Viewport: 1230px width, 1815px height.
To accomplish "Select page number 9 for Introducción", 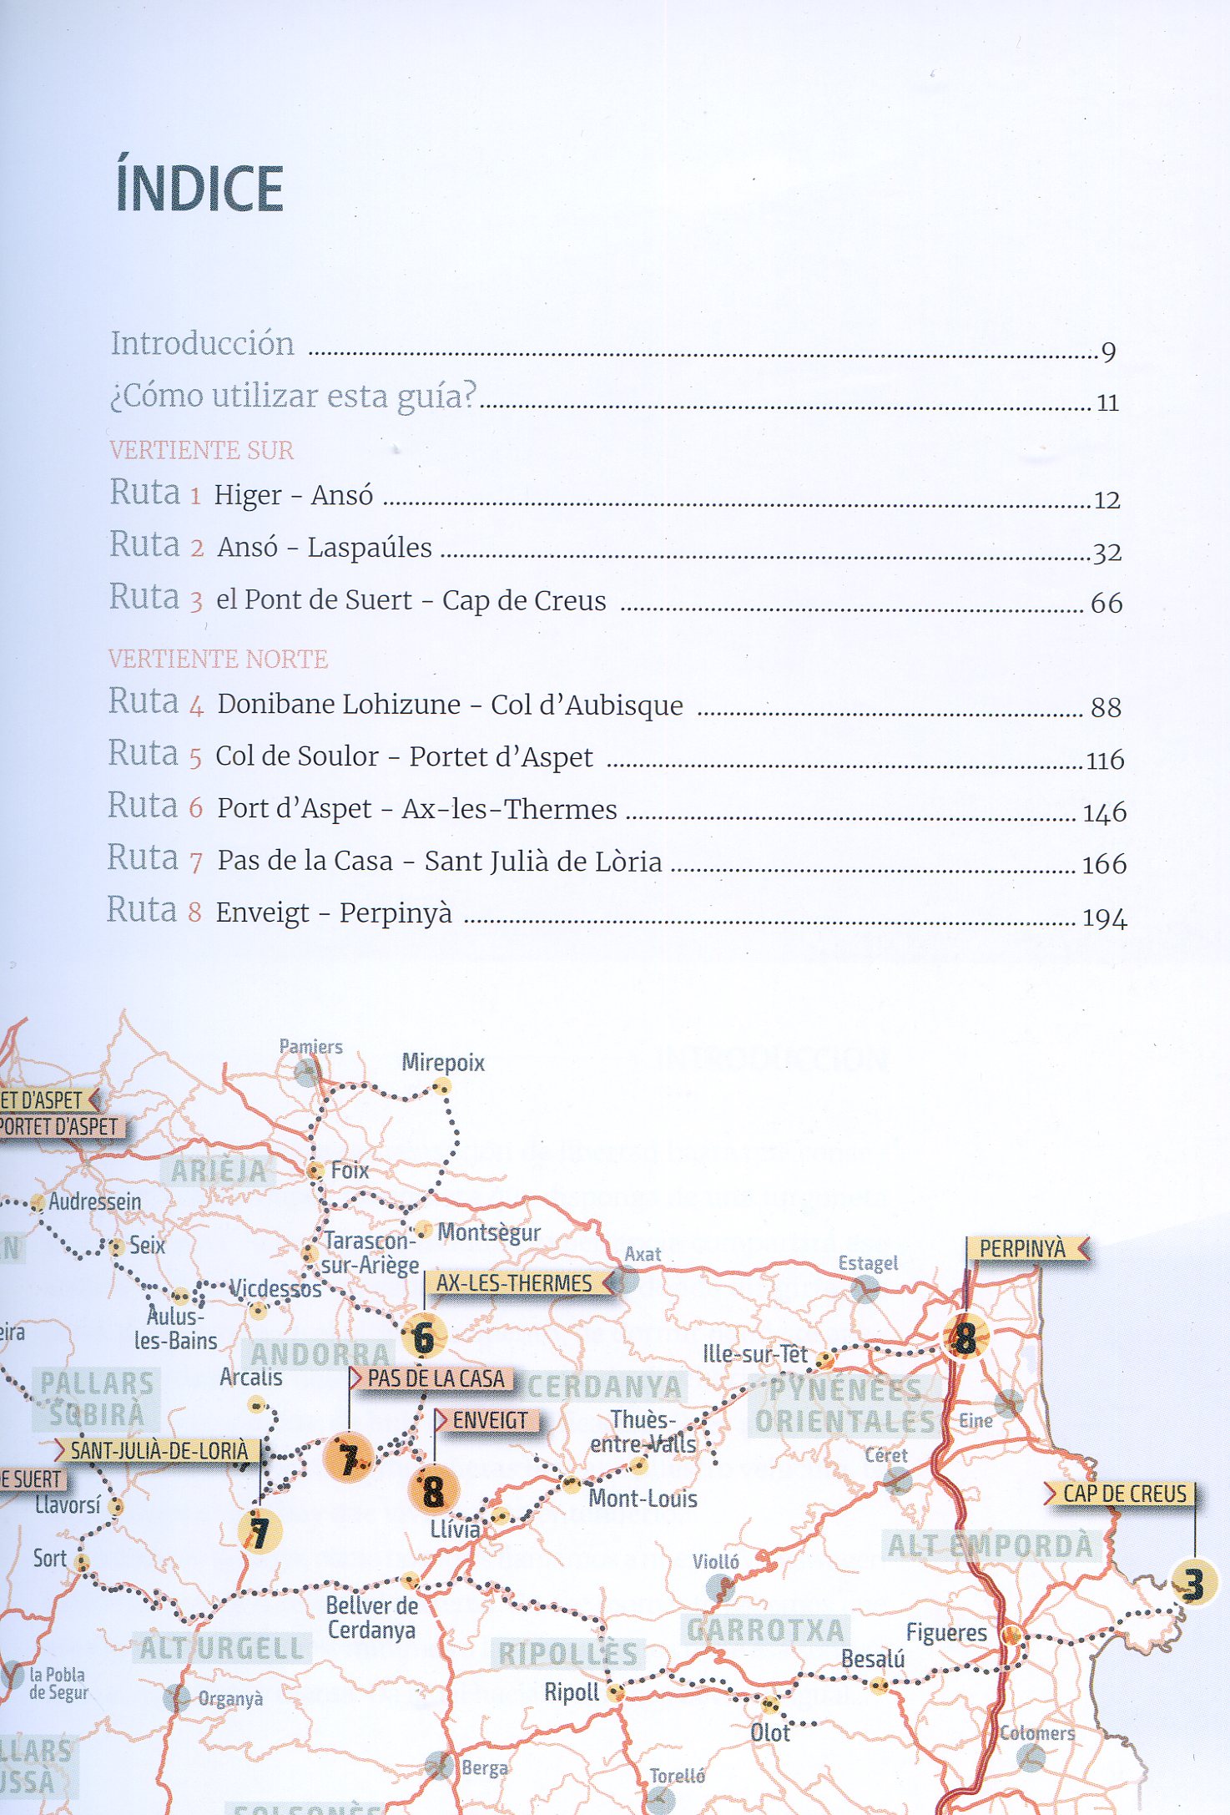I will click(1108, 352).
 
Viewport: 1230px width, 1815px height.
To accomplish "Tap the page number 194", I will click(1104, 919).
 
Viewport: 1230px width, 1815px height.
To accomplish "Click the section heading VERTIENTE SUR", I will click(201, 451).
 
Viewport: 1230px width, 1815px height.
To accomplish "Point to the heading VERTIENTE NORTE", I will click(218, 660).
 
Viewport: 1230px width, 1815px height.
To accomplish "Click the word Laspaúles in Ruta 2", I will click(370, 548).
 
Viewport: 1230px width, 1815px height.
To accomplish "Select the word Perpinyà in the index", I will click(396, 913).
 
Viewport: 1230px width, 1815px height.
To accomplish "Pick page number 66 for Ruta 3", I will click(1106, 604).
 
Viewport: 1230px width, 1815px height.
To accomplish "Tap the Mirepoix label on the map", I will click(443, 1063).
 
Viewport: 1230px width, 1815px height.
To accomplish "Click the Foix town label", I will click(349, 1170).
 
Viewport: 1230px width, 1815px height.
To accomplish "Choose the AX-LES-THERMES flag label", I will click(514, 1283).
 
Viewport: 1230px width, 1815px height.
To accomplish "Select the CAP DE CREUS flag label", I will click(1123, 1494).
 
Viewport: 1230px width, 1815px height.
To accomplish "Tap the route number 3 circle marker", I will click(1193, 1584).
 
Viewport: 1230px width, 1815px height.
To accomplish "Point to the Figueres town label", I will click(946, 1632).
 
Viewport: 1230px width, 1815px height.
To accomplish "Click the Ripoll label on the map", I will click(572, 1692).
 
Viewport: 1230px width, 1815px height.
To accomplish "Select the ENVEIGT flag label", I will click(490, 1421).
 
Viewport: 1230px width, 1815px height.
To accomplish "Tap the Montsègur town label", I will click(489, 1233).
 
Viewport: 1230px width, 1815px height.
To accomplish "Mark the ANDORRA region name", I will click(320, 1354).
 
